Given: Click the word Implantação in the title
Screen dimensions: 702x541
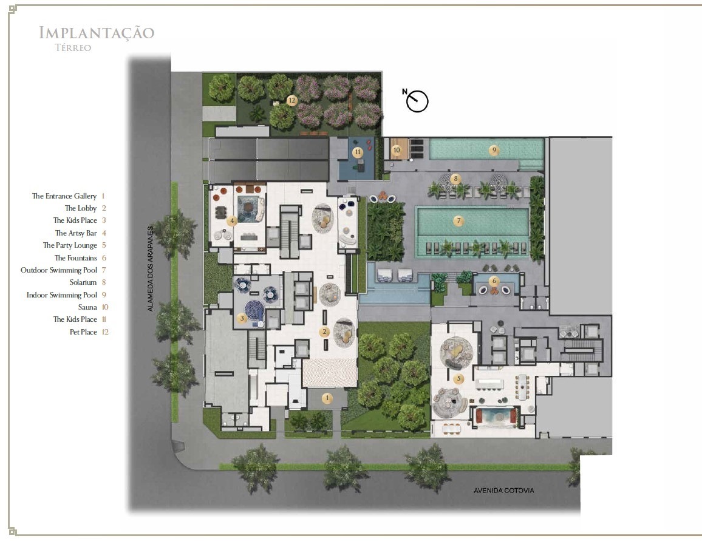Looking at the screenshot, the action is (x=97, y=33).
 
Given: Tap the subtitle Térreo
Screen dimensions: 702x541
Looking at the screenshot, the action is (x=73, y=48).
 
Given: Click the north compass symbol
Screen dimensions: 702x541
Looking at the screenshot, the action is (x=417, y=100).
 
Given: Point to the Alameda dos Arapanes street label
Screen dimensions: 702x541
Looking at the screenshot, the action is (x=151, y=268).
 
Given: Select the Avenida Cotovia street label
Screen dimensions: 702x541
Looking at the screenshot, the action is (x=503, y=491).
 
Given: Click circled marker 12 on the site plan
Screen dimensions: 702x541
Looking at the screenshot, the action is (x=292, y=100).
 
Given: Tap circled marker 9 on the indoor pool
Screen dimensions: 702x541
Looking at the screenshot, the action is (x=494, y=150).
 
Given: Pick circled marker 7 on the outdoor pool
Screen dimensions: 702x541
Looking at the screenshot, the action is (x=458, y=220).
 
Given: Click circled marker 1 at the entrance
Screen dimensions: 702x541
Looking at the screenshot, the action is (x=327, y=398).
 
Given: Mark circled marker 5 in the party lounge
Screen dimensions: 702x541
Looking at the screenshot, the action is (x=458, y=378).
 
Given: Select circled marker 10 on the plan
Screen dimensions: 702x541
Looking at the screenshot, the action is (x=396, y=150).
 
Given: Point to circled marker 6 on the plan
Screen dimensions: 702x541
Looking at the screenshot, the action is (x=494, y=281).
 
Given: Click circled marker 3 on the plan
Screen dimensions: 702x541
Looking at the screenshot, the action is (x=242, y=318).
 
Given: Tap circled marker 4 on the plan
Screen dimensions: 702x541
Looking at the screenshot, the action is (x=232, y=220).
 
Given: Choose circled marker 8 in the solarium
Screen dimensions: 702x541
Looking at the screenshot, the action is (x=455, y=179).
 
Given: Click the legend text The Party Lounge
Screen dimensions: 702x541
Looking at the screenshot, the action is (x=70, y=245).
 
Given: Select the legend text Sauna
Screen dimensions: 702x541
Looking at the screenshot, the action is (x=87, y=307).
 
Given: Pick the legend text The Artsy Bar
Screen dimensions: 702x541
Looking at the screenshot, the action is (x=76, y=233).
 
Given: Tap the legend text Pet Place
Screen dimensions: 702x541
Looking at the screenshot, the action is (x=83, y=332).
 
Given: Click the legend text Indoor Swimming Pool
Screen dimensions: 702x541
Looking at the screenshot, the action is (x=62, y=295).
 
